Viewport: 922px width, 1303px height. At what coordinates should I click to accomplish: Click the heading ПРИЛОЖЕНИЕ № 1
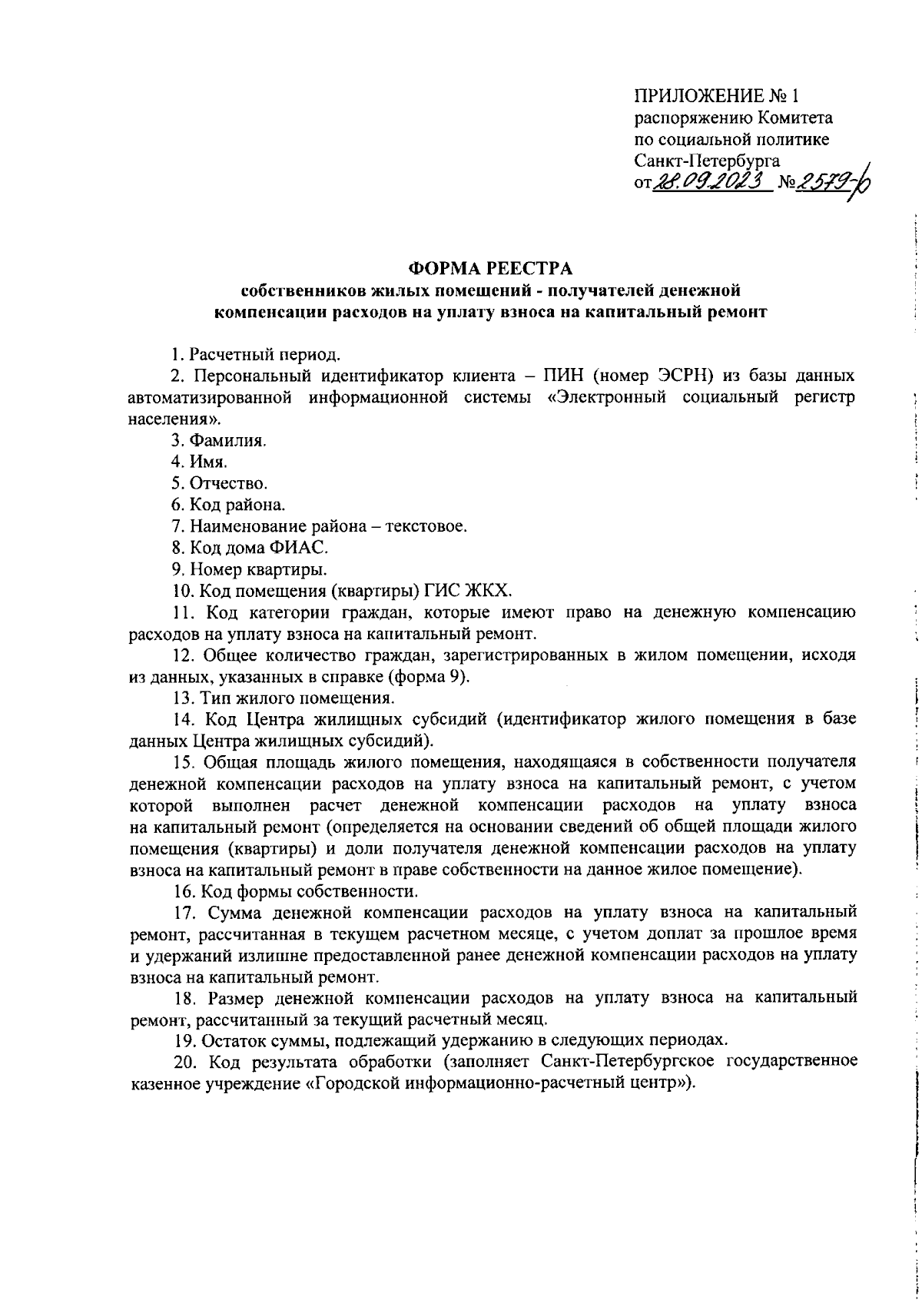click(x=716, y=96)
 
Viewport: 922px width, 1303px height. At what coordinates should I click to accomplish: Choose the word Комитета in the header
click(x=794, y=118)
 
